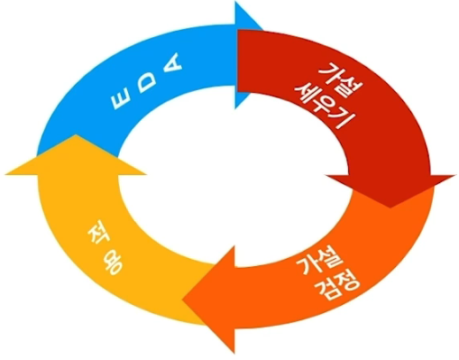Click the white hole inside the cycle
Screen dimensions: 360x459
point(230,180)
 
